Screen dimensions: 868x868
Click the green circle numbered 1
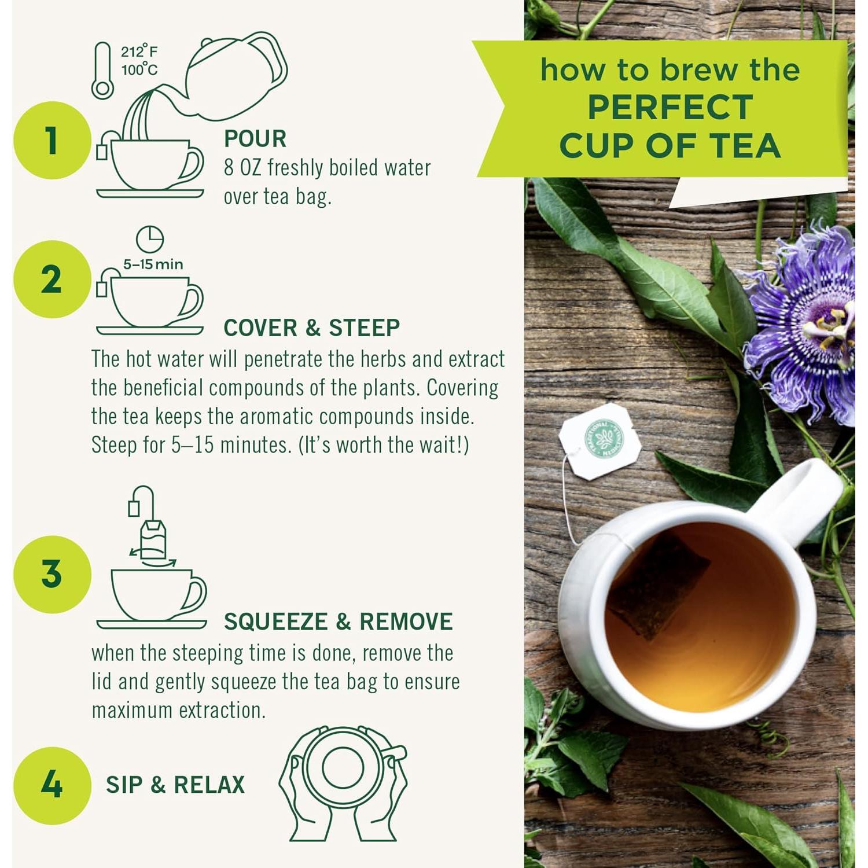click(x=52, y=141)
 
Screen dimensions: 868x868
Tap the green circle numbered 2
click(x=52, y=279)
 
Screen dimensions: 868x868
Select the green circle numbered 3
click(x=52, y=574)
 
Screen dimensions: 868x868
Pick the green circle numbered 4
click(x=52, y=785)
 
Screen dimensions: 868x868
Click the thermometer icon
click(x=102, y=71)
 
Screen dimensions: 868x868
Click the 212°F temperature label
click(x=139, y=52)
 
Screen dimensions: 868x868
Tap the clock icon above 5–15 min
click(x=150, y=239)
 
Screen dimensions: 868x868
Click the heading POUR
click(x=255, y=139)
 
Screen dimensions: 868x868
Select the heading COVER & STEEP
click(x=311, y=328)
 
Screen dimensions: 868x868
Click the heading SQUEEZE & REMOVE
click(x=338, y=621)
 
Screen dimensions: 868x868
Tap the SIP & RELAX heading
click(x=175, y=785)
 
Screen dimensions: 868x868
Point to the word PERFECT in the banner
click(x=670, y=108)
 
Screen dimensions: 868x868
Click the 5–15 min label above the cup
click(x=153, y=264)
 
